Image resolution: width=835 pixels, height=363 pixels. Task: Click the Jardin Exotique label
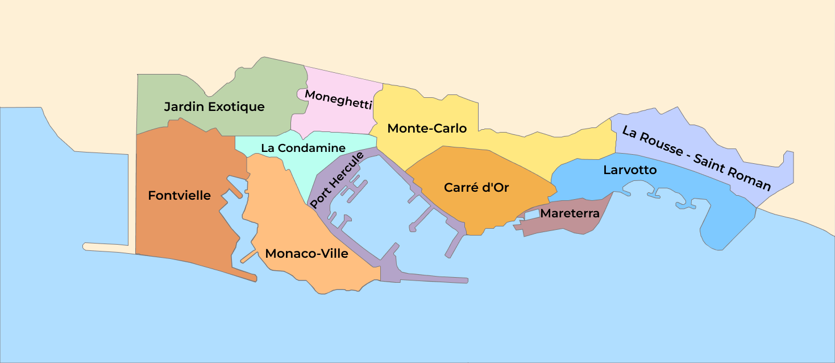point(214,106)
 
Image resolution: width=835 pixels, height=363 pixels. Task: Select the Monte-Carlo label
point(427,129)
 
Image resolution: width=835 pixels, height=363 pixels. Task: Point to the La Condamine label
point(303,148)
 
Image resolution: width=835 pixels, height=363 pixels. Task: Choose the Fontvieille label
point(179,196)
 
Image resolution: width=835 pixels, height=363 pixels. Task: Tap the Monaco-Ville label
point(306,254)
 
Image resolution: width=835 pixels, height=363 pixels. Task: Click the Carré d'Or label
point(476,187)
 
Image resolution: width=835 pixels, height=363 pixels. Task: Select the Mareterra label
point(570,214)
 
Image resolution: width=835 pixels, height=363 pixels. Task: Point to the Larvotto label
point(630,170)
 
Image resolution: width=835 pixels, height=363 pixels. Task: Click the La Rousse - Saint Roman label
point(696,158)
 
